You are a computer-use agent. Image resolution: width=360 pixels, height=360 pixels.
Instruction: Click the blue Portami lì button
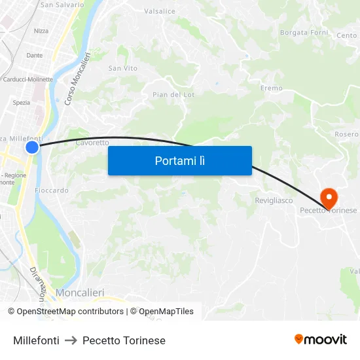tap(179, 160)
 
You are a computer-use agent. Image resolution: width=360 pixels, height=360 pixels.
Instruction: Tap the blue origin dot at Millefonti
tap(32, 147)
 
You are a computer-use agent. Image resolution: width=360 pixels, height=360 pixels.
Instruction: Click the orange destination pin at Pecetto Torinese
tap(328, 196)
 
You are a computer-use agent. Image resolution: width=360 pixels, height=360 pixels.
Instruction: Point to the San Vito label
tap(123, 68)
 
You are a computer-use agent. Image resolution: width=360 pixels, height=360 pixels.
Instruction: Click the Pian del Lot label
tap(173, 95)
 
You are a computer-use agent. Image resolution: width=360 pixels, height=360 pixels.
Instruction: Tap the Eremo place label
tap(272, 88)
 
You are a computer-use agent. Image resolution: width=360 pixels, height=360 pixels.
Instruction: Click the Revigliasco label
tap(274, 200)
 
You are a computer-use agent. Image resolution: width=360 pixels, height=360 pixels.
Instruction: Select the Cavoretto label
tap(92, 142)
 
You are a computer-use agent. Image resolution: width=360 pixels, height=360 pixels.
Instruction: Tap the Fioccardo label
tap(52, 190)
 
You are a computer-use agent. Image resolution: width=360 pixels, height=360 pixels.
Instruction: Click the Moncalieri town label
tap(80, 292)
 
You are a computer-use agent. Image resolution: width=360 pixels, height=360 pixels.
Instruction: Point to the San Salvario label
tap(62, 5)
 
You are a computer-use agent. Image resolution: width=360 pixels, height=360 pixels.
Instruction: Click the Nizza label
tap(41, 31)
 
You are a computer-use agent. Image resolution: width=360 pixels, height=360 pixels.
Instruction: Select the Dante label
tap(35, 56)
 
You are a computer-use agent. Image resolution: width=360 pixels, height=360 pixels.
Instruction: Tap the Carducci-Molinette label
tap(28, 80)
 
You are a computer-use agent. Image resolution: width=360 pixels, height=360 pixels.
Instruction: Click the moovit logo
tap(321, 339)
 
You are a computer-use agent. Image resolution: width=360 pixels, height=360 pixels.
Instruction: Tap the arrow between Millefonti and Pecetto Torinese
tap(71, 340)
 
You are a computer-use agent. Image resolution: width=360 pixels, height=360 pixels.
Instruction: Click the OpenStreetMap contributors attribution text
tap(69, 312)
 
